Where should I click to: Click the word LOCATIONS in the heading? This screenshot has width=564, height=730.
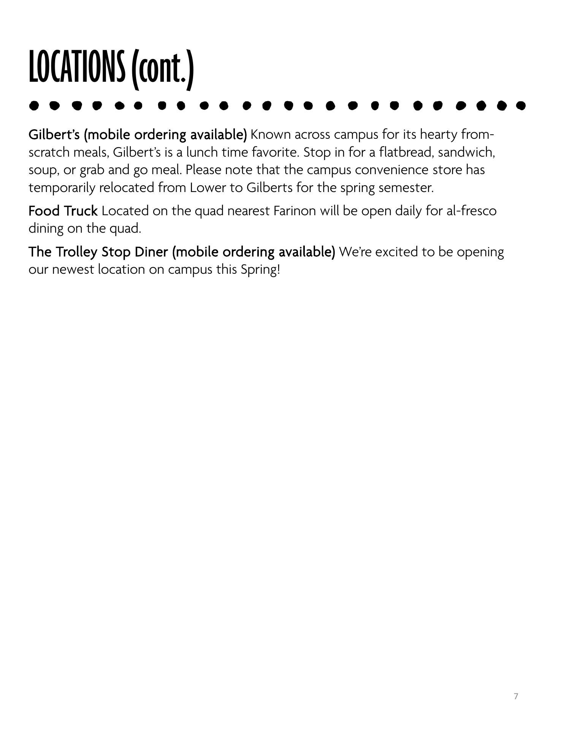pos(76,67)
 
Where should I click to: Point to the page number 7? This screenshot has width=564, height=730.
pos(516,696)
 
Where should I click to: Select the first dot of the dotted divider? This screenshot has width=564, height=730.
pos(34,105)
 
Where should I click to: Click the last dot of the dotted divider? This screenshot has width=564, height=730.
pos(521,105)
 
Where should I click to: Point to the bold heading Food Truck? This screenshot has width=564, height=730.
pos(63,211)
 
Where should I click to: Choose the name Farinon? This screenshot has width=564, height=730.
pos(295,211)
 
